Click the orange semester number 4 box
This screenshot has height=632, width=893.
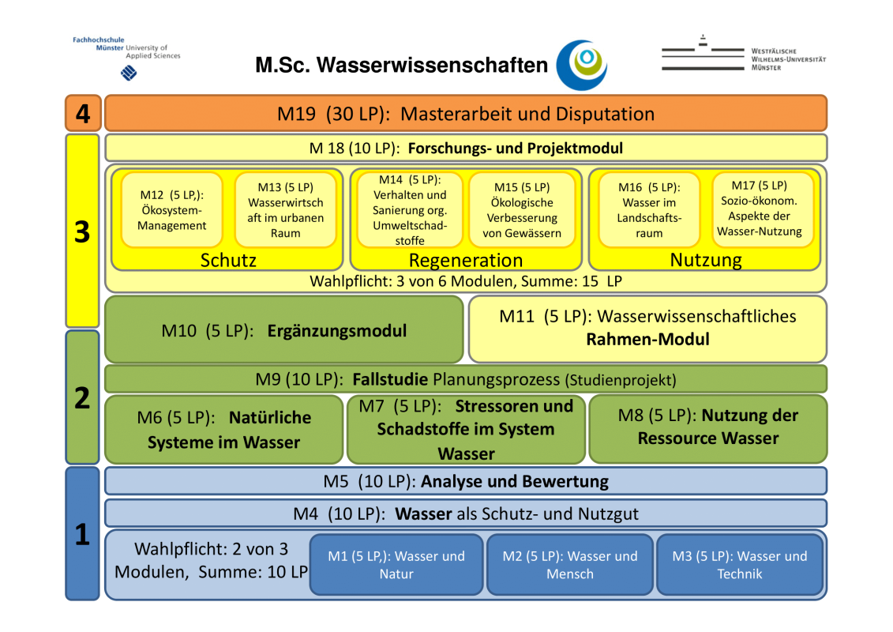(82, 114)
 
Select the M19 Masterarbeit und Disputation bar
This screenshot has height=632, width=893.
(466, 114)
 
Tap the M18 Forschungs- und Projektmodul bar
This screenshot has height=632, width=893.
(466, 148)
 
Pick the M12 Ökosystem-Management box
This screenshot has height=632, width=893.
(172, 210)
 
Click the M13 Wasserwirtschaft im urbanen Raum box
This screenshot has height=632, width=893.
(285, 210)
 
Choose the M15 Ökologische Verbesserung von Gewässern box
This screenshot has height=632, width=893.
(522, 210)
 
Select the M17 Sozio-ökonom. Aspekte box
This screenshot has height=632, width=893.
(759, 209)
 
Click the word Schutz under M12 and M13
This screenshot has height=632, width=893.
(228, 260)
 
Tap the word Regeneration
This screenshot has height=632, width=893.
(466, 261)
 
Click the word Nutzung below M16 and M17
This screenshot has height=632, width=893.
(706, 259)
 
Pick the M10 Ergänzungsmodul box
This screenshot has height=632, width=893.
(284, 330)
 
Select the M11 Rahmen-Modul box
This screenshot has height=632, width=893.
(647, 328)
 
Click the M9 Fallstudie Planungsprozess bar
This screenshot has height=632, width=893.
(466, 379)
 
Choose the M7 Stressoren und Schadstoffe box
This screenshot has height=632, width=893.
(466, 429)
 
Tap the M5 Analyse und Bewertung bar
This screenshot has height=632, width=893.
(466, 481)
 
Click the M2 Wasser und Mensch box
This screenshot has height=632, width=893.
(570, 565)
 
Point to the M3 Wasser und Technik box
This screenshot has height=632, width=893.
(740, 565)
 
